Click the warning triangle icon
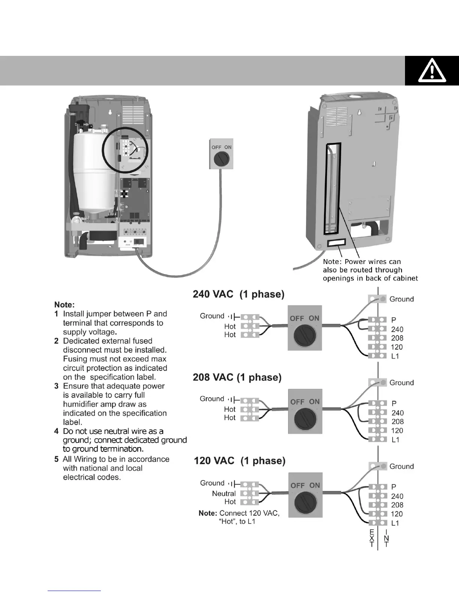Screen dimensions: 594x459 (432, 70)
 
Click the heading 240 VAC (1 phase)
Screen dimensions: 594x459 (238, 294)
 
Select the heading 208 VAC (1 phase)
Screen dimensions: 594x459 (237, 377)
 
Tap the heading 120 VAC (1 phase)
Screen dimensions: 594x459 (239, 461)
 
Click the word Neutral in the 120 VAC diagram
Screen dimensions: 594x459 (223, 493)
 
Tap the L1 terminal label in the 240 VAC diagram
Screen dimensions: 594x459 (395, 356)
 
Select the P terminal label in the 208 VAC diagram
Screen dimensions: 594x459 (394, 403)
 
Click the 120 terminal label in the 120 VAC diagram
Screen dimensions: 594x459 (397, 514)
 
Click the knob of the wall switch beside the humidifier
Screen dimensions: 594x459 (221, 159)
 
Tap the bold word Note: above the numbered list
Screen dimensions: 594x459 (64, 305)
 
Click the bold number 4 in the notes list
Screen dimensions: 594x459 (56, 431)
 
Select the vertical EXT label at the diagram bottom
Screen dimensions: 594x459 (372, 538)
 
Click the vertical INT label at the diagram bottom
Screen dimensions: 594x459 (386, 538)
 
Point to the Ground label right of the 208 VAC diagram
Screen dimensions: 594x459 (401, 383)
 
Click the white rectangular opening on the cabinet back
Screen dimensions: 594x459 (335, 243)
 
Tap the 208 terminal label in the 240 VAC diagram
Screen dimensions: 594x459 (397, 338)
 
